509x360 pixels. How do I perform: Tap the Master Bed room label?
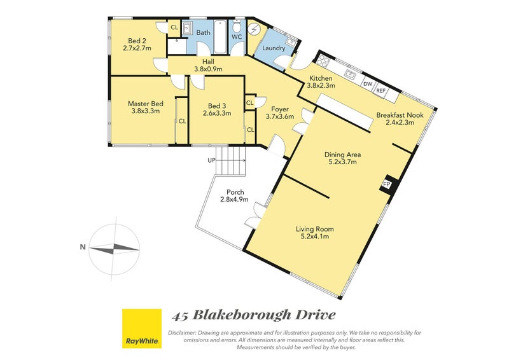click(146, 104)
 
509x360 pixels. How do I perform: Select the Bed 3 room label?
click(217, 106)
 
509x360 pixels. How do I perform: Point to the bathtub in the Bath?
click(220, 37)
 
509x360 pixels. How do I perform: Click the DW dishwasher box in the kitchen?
click(368, 84)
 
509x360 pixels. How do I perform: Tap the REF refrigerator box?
click(381, 90)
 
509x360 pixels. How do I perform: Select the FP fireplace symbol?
click(387, 184)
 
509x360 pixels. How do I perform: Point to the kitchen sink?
click(351, 74)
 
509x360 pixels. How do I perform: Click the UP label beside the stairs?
click(211, 160)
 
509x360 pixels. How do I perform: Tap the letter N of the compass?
click(83, 247)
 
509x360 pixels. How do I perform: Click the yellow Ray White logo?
click(142, 328)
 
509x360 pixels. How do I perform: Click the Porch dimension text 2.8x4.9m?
click(234, 199)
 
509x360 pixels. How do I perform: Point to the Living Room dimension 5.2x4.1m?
click(315, 237)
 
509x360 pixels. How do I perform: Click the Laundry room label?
click(274, 48)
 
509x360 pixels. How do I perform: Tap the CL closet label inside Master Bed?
click(182, 121)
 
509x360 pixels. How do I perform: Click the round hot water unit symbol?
click(253, 29)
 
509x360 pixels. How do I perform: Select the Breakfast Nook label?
click(400, 115)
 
